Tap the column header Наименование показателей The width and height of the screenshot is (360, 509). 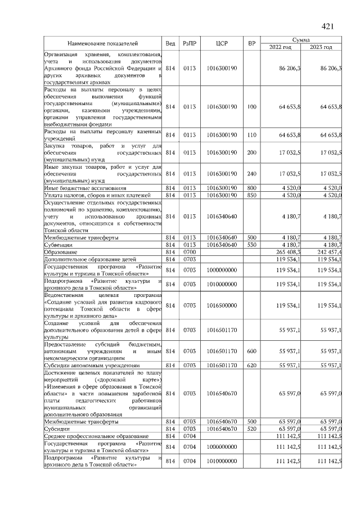(x=103, y=43)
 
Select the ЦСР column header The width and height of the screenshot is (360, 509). (x=221, y=43)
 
